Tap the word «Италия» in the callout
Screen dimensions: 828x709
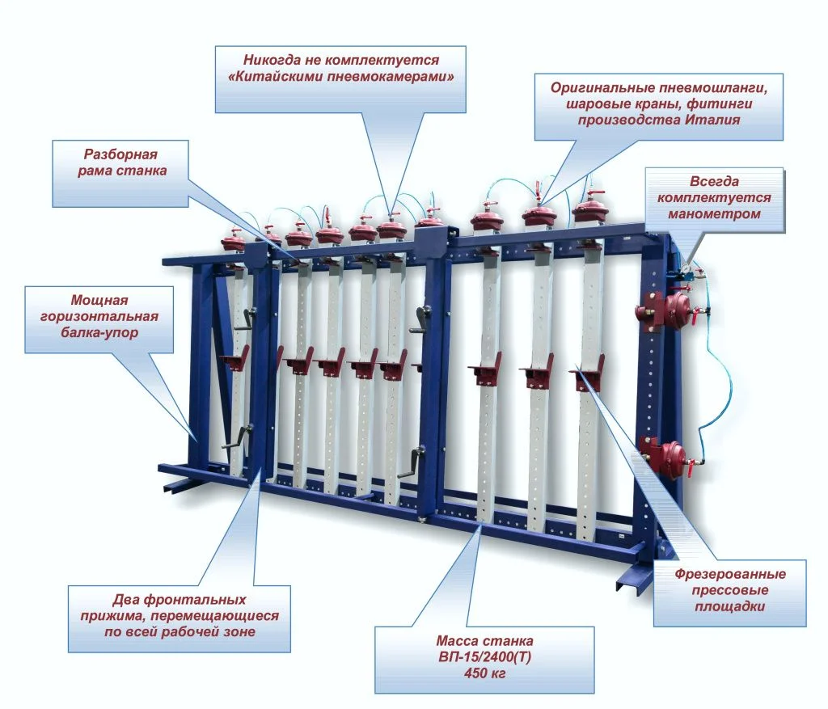(x=713, y=120)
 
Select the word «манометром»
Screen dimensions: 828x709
(x=714, y=213)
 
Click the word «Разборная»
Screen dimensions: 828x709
(x=121, y=154)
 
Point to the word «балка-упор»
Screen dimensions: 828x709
(x=99, y=332)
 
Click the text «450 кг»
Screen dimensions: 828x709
(x=485, y=673)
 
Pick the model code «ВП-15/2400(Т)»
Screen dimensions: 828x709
(x=485, y=657)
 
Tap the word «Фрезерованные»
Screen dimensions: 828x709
(x=730, y=574)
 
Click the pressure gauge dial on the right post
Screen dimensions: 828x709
(x=685, y=268)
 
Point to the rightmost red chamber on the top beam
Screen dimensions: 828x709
(x=589, y=211)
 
